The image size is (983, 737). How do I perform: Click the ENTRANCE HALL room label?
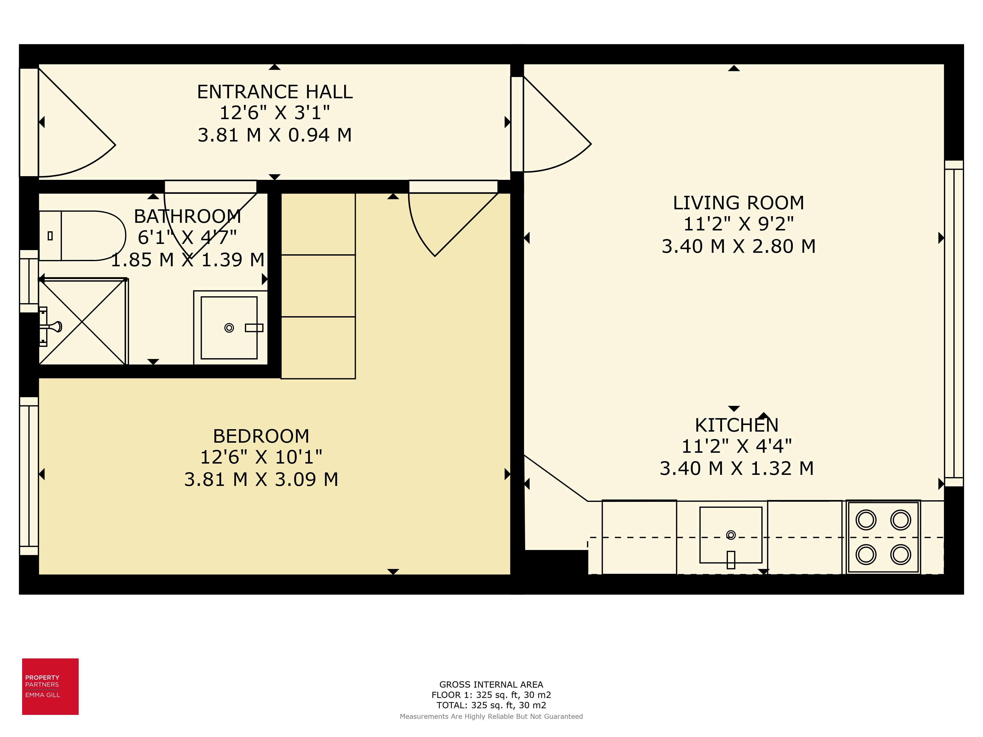pyautogui.click(x=275, y=92)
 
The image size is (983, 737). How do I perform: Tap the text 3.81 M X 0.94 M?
pyautogui.click(x=275, y=135)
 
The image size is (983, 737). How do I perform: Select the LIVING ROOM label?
pyautogui.click(x=738, y=203)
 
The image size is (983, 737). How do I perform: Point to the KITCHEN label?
pyautogui.click(x=736, y=425)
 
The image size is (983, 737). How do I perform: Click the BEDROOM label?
pyautogui.click(x=261, y=436)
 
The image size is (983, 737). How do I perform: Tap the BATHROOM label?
pyautogui.click(x=188, y=217)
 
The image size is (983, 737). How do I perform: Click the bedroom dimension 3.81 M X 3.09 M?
pyautogui.click(x=261, y=479)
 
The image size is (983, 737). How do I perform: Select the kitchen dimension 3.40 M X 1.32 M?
pyautogui.click(x=736, y=468)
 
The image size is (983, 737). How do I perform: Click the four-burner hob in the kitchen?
pyautogui.click(x=883, y=537)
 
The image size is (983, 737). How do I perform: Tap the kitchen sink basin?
pyautogui.click(x=731, y=535)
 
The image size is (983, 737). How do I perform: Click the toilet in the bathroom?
pyautogui.click(x=82, y=235)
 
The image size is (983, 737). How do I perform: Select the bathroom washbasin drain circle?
pyautogui.click(x=229, y=328)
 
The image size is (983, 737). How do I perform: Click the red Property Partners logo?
pyautogui.click(x=50, y=686)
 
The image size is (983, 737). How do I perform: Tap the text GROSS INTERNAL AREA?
pyautogui.click(x=491, y=685)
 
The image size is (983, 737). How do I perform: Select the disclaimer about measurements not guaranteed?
pyautogui.click(x=491, y=716)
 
